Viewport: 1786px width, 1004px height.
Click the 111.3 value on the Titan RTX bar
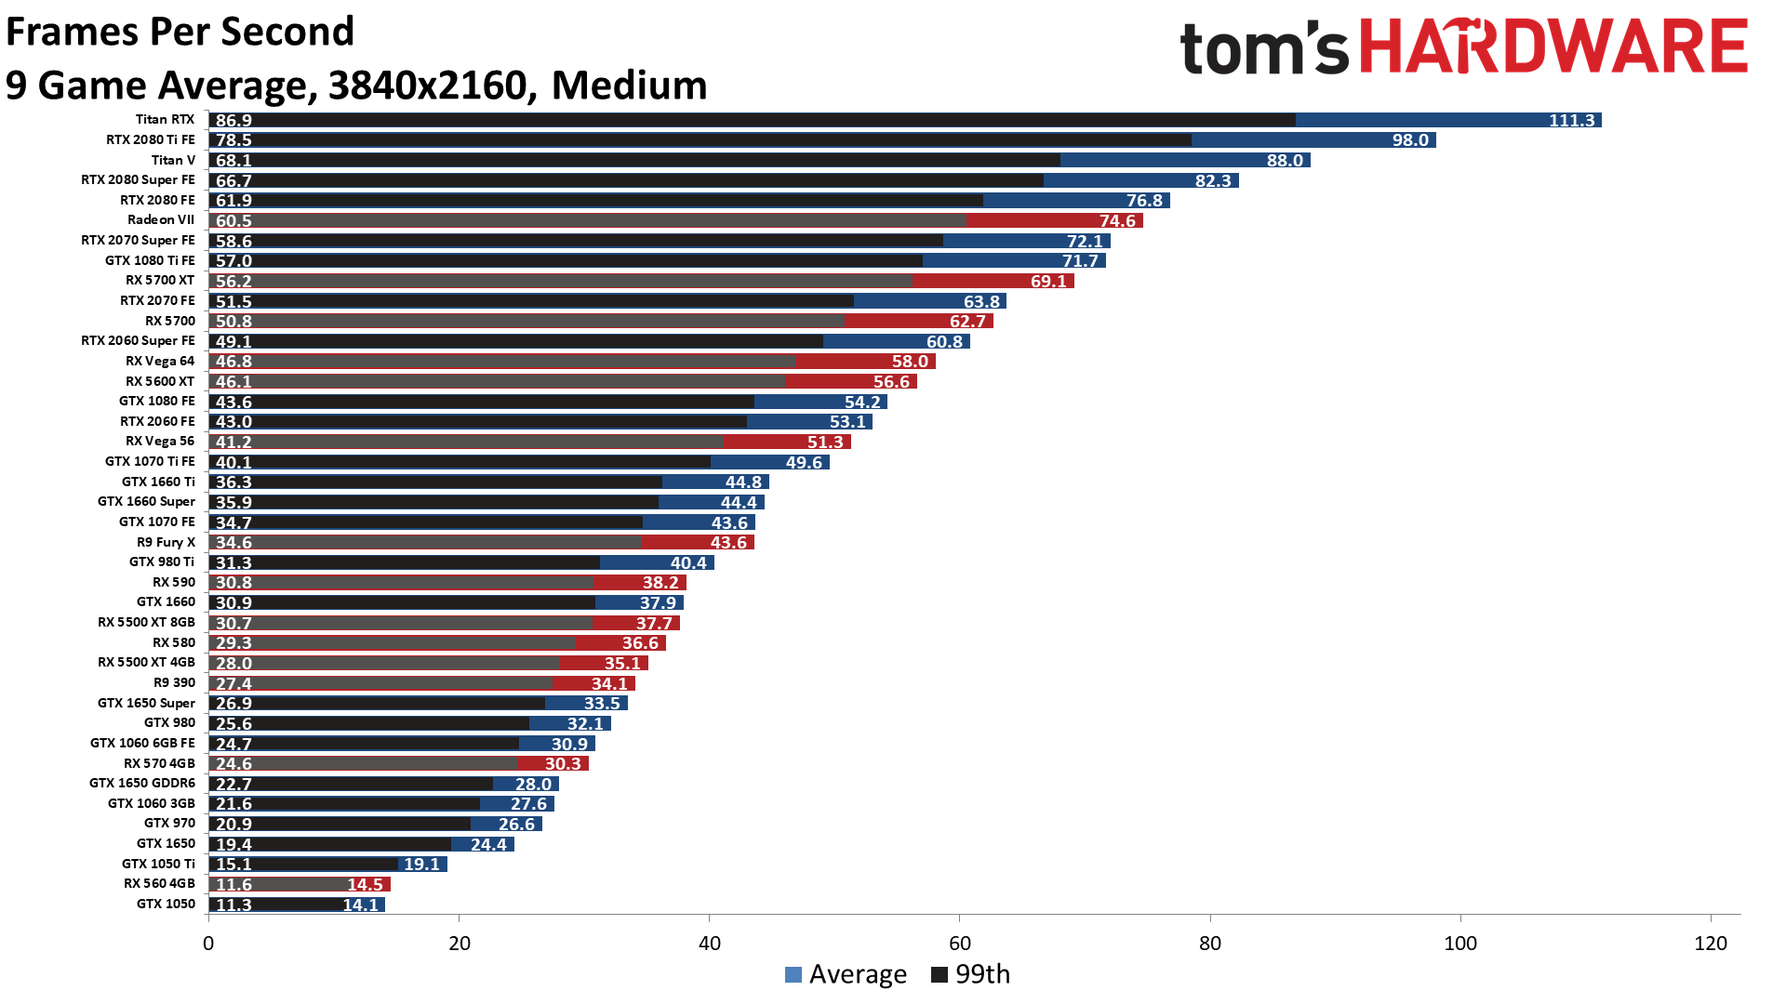[1571, 120]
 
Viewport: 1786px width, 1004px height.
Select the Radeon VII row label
[161, 220]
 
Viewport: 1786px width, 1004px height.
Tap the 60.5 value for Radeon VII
[233, 220]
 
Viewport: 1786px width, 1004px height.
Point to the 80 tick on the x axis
[1209, 944]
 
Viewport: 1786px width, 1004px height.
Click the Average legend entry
[846, 974]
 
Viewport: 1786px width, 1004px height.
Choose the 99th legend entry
[971, 974]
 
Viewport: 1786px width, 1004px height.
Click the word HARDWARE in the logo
[1553, 46]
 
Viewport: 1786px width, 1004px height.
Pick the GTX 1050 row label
[166, 904]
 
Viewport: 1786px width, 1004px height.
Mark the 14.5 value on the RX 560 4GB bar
[365, 884]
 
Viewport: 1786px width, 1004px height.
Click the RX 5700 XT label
[160, 281]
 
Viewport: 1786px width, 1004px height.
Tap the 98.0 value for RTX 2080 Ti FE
[1410, 140]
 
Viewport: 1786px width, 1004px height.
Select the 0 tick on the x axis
[208, 944]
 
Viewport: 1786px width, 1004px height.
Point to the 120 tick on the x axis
[1711, 944]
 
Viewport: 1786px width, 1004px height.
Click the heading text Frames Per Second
[180, 32]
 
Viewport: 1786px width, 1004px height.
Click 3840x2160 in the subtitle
[428, 86]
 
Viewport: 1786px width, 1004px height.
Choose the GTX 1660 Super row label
[146, 502]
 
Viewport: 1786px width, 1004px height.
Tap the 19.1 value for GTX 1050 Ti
[421, 865]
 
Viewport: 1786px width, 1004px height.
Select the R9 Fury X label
[166, 542]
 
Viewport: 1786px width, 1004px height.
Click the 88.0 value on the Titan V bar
[1285, 161]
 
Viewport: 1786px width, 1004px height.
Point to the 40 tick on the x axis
[709, 944]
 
